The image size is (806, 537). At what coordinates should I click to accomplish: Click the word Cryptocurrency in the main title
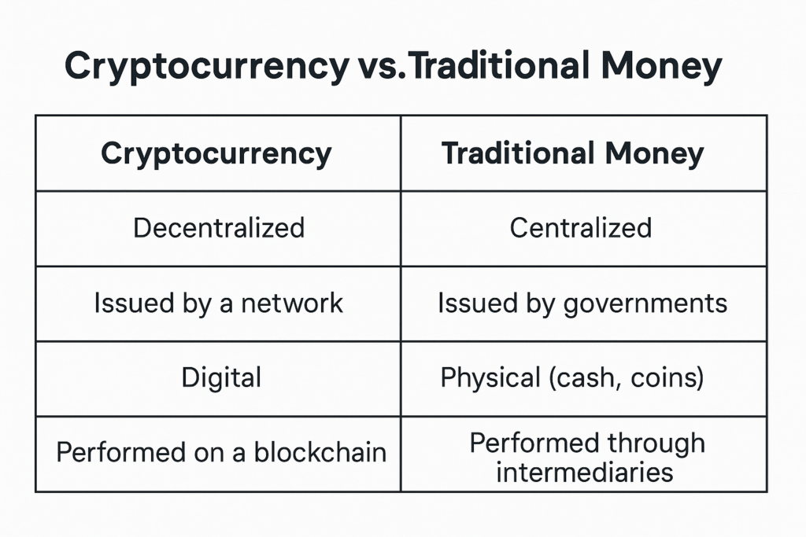click(207, 67)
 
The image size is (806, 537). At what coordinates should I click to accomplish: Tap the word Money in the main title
click(661, 67)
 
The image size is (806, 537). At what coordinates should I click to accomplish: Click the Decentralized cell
click(219, 228)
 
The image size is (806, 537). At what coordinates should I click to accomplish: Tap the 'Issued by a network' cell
click(219, 303)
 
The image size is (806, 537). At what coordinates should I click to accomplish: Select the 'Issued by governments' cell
click(582, 303)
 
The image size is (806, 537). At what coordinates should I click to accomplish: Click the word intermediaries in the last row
click(585, 473)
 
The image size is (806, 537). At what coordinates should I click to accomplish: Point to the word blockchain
click(320, 452)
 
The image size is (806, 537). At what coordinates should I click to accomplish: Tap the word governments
click(645, 304)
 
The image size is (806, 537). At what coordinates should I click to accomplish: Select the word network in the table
click(292, 303)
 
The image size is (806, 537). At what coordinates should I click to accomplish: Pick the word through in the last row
click(656, 443)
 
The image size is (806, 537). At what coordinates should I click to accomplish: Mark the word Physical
click(490, 378)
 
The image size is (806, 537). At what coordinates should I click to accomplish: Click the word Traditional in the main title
click(499, 66)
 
